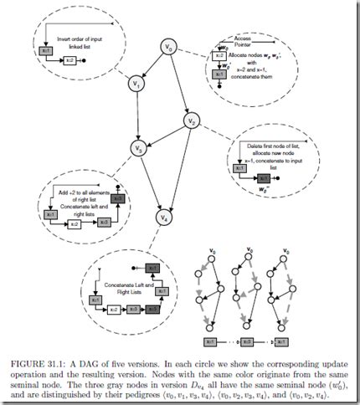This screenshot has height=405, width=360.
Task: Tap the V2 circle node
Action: tap(192, 123)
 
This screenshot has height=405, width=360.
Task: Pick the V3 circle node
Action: tap(137, 148)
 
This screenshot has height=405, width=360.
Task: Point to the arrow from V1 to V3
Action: tap(136, 115)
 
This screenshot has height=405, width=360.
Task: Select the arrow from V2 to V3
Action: tap(165, 136)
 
